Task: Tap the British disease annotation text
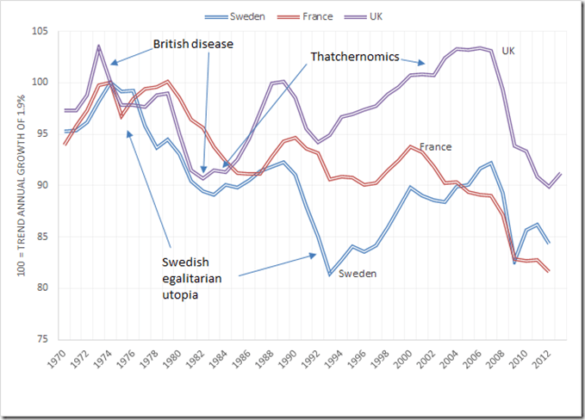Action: point(193,43)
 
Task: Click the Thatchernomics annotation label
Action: point(355,57)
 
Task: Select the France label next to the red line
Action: point(435,147)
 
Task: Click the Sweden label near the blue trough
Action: point(357,274)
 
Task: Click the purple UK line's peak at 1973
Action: point(99,46)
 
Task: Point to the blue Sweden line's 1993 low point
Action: point(329,275)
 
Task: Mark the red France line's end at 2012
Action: point(549,272)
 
